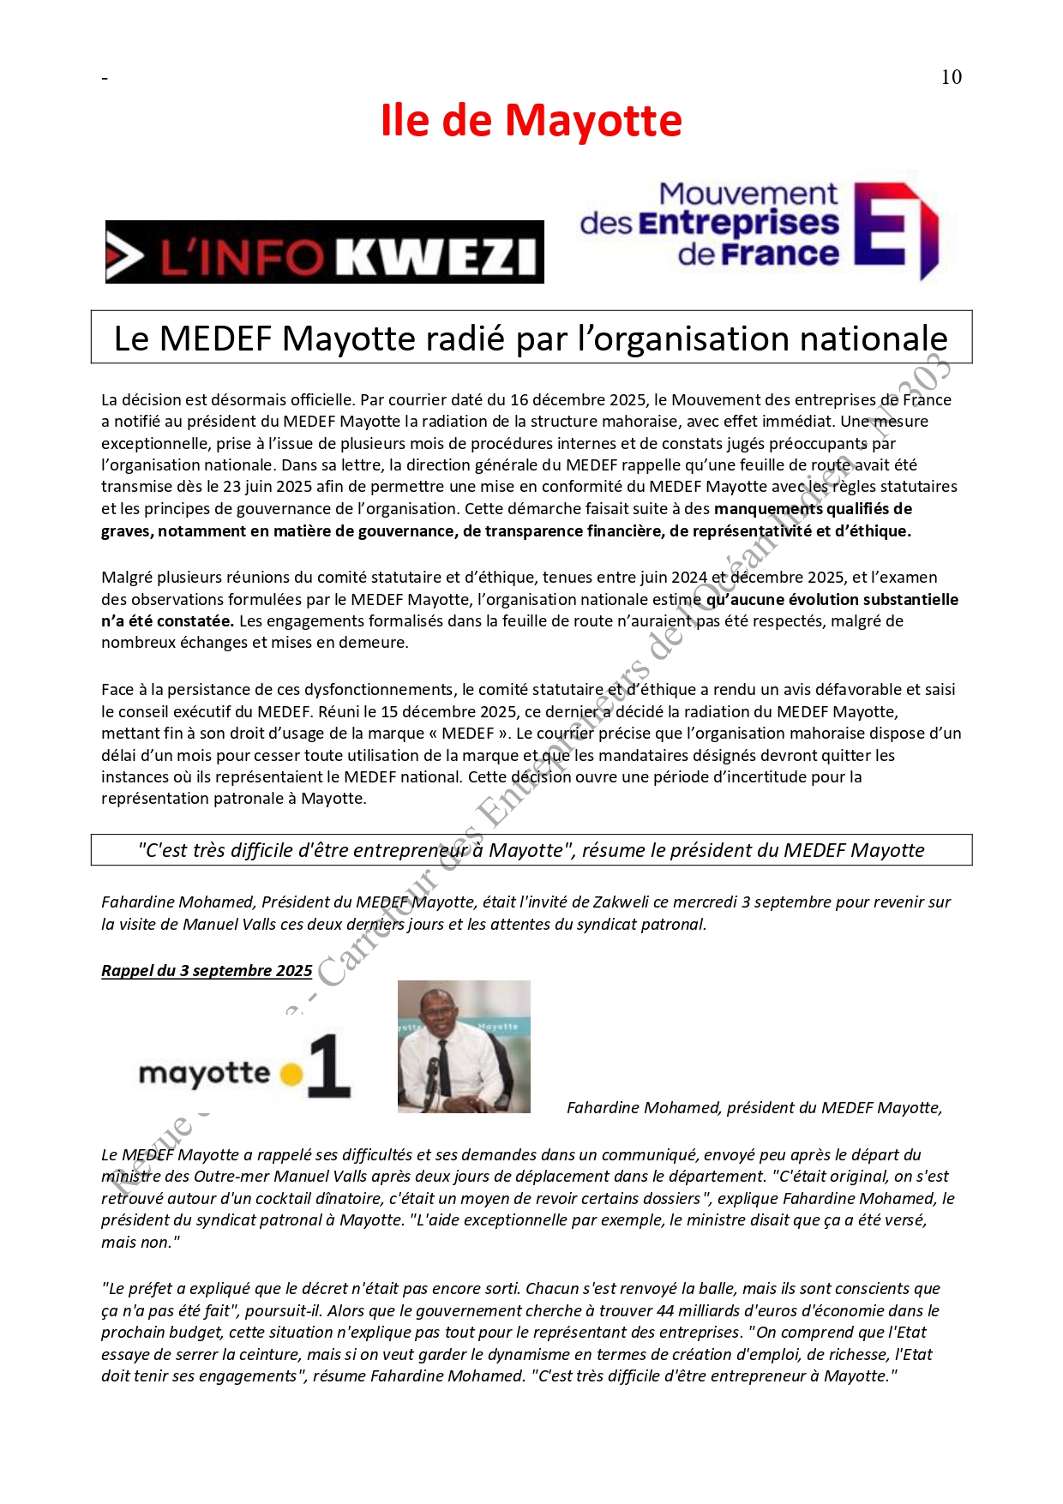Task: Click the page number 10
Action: pos(951,77)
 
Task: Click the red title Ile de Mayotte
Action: pos(531,120)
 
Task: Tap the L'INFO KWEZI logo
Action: pos(324,252)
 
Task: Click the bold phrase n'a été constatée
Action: pos(168,620)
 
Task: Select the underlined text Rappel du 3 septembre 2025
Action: pos(207,970)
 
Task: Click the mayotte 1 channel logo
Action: pos(244,1067)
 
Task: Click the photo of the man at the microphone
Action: pos(464,1046)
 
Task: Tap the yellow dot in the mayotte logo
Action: pos(292,1073)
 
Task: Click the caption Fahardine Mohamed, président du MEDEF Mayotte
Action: pos(754,1107)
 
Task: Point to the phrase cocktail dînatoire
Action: pos(317,1198)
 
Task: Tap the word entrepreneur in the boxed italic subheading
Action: pos(411,850)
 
